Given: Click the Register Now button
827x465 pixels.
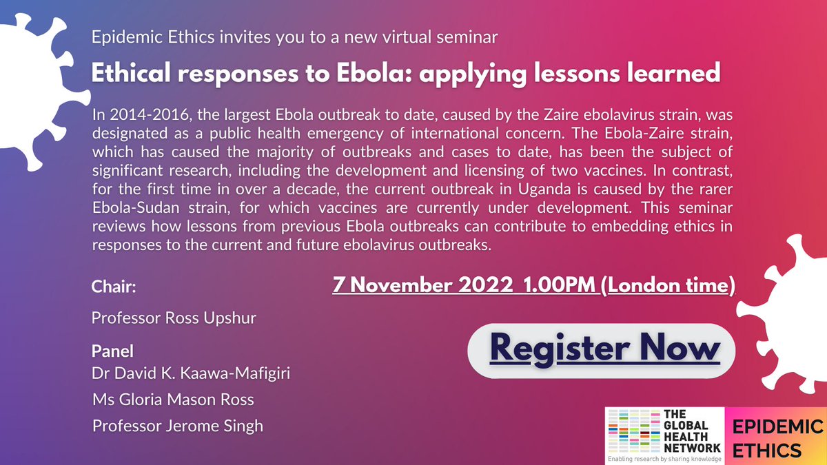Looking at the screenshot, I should [x=601, y=349].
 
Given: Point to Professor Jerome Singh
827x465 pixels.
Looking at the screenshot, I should [x=178, y=426].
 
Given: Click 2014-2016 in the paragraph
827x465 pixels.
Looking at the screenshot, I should [x=136, y=116].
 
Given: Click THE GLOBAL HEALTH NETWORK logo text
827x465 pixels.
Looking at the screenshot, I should [x=690, y=429].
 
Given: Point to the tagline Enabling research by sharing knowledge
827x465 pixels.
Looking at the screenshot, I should [x=664, y=457].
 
